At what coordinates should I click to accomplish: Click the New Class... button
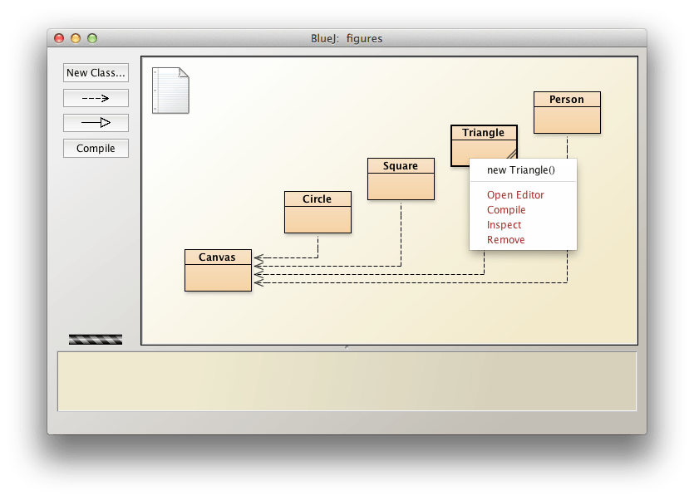[x=96, y=73]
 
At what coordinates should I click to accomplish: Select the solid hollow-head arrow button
[x=96, y=123]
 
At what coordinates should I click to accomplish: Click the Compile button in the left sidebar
[x=96, y=149]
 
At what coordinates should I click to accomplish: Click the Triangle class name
[x=483, y=133]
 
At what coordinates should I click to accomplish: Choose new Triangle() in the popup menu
[x=520, y=170]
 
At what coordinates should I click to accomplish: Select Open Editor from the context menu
[x=515, y=195]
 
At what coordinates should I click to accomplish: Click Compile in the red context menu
[x=506, y=210]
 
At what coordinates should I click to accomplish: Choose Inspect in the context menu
[x=505, y=225]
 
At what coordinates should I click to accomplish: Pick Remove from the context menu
[x=506, y=240]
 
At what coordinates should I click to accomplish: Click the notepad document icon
[x=170, y=90]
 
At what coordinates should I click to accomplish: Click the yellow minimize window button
[x=76, y=38]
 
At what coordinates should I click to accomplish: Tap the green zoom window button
[x=92, y=38]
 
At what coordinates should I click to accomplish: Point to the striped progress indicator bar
[x=96, y=339]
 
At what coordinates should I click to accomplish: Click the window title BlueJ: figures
[x=347, y=38]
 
